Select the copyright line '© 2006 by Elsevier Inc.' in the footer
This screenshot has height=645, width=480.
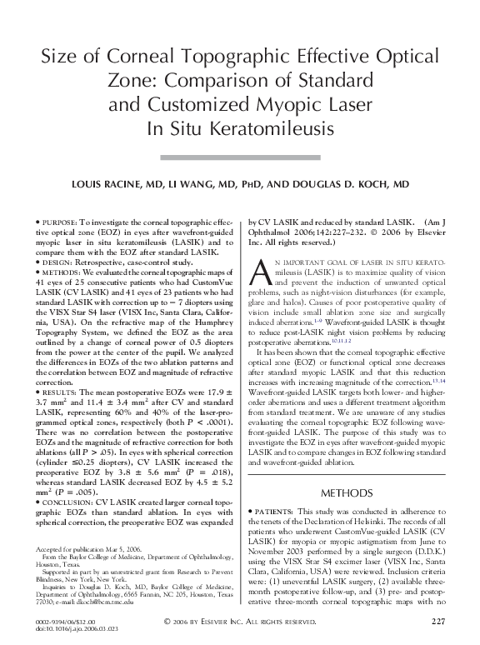pos(239,622)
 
